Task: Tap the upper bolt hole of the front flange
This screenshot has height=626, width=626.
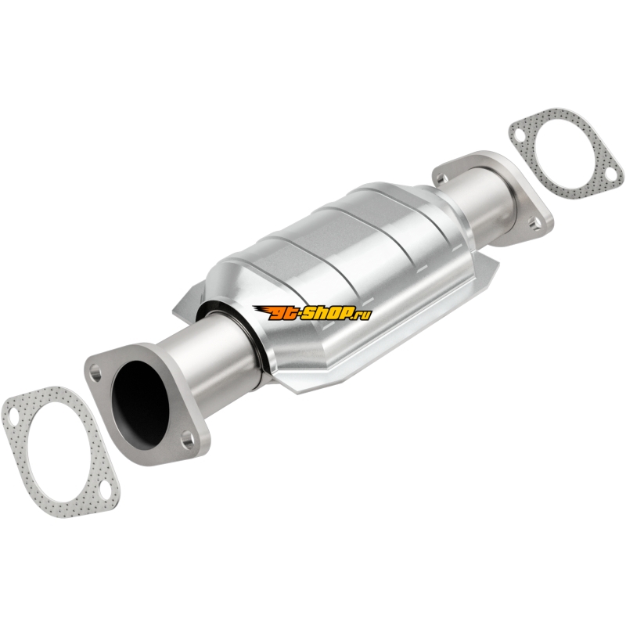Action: [x=95, y=373]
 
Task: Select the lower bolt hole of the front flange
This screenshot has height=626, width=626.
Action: [x=187, y=440]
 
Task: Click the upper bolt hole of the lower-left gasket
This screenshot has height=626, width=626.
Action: [x=13, y=416]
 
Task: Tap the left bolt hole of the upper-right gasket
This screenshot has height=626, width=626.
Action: [x=519, y=135]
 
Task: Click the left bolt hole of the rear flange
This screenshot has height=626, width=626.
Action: [x=441, y=178]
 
